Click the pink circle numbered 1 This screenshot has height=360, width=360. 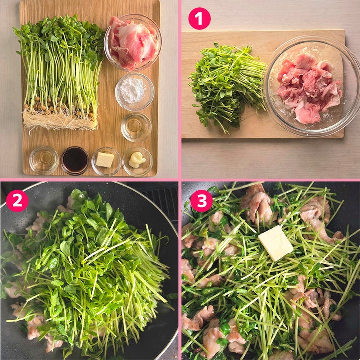[199, 18]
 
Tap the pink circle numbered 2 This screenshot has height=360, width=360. [17, 200]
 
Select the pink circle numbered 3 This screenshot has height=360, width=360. [201, 201]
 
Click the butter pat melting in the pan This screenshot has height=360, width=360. [275, 243]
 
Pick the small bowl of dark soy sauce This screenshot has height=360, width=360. [75, 160]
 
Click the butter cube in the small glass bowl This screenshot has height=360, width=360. [105, 160]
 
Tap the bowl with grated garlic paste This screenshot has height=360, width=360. [137, 162]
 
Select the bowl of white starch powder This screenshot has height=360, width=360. [135, 92]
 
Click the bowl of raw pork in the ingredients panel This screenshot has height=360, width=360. [133, 42]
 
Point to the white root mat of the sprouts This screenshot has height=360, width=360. [60, 120]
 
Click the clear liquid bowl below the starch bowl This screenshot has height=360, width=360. [136, 127]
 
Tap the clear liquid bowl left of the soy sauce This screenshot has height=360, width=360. [44, 160]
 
